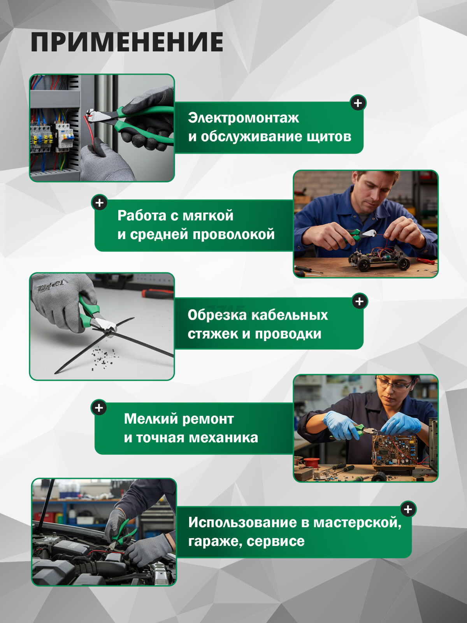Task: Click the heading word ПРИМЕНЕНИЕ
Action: pyautogui.click(x=127, y=42)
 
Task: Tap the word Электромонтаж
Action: pyautogui.click(x=243, y=118)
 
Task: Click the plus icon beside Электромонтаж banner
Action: pyautogui.click(x=358, y=103)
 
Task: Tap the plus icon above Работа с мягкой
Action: pyautogui.click(x=100, y=203)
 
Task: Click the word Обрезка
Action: pyautogui.click(x=217, y=315)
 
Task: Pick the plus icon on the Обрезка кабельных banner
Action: pyautogui.click(x=360, y=301)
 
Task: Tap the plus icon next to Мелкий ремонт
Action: pyautogui.click(x=99, y=408)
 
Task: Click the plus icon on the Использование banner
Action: pyautogui.click(x=408, y=509)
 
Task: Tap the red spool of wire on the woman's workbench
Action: pyautogui.click(x=311, y=463)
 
